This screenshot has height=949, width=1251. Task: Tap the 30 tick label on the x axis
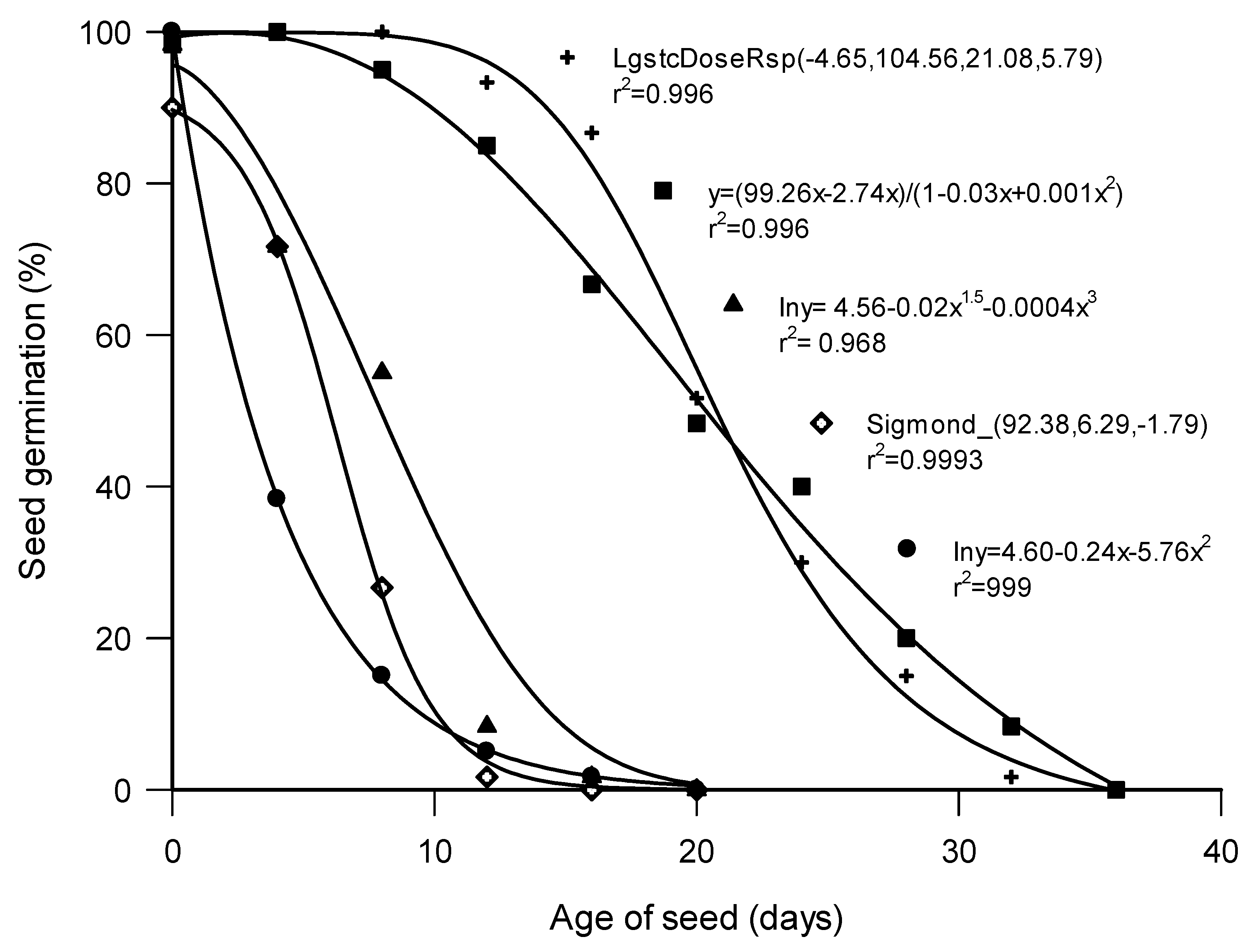point(959,852)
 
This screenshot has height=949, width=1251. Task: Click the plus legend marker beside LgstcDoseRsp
point(567,57)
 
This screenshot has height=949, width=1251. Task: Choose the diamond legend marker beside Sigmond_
point(821,423)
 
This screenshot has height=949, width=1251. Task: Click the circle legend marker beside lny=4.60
point(907,548)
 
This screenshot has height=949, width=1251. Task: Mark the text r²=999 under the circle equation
point(992,588)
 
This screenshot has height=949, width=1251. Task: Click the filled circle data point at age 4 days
point(276,498)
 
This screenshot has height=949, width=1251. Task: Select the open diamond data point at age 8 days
point(382,588)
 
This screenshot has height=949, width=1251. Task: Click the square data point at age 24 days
point(801,487)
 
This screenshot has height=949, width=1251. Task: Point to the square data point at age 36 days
point(1116,789)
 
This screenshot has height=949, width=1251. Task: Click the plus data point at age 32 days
point(1011,777)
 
